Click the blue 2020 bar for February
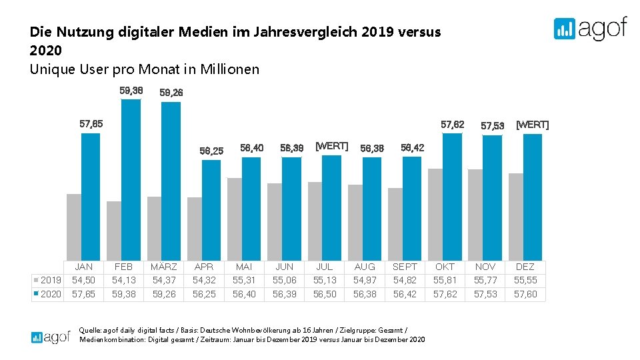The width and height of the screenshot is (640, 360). click(131, 180)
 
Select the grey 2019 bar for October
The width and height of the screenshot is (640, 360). click(435, 214)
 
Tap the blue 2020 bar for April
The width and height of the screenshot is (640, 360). click(211, 210)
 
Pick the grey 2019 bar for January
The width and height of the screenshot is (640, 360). click(73, 227)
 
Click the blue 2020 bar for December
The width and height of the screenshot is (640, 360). click(533, 197)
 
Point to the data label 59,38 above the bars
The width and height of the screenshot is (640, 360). click(131, 91)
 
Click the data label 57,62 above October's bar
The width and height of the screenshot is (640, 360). click(453, 125)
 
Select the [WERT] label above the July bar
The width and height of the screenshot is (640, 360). click(331, 145)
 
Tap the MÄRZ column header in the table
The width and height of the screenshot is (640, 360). click(164, 267)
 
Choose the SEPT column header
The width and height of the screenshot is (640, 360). click(405, 267)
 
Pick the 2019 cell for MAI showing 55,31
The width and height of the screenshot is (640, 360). click(244, 280)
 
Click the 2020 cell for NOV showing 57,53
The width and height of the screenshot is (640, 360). click(485, 294)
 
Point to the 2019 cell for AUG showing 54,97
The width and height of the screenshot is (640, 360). click(365, 280)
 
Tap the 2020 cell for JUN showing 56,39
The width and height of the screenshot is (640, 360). click(284, 294)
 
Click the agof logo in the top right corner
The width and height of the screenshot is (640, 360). click(590, 29)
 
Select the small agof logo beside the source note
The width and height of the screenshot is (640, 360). click(51, 337)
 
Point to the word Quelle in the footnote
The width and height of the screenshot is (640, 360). click(91, 329)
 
